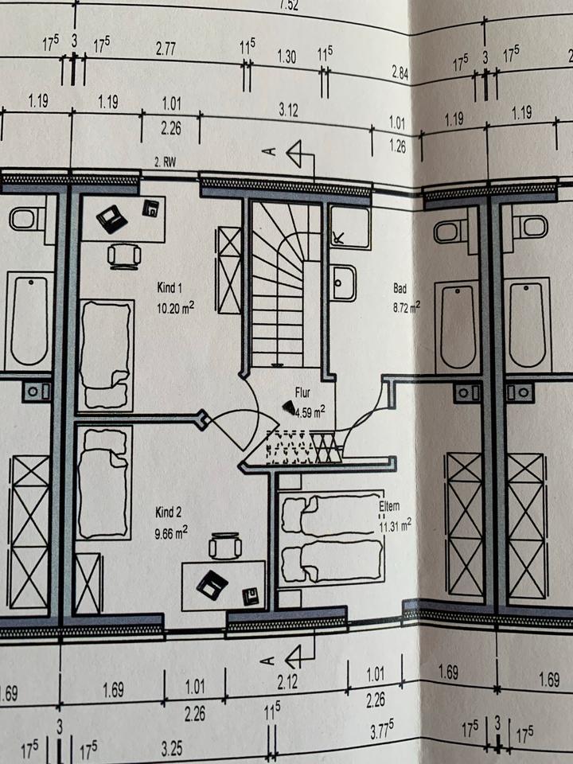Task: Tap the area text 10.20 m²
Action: click(x=176, y=306)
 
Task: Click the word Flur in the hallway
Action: click(x=302, y=392)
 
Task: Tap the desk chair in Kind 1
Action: click(x=124, y=255)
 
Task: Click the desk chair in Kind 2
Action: click(x=224, y=548)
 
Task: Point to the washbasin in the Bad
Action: click(x=344, y=283)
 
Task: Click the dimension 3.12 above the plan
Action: click(x=288, y=111)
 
